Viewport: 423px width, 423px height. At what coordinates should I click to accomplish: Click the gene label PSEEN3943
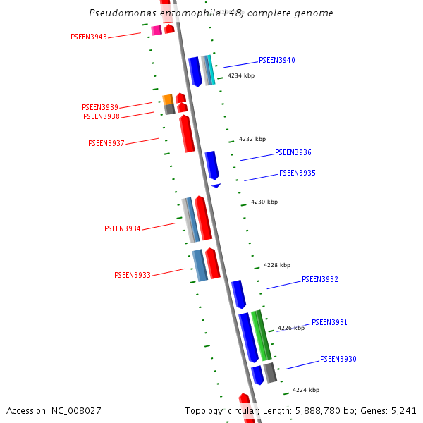[x=89, y=37]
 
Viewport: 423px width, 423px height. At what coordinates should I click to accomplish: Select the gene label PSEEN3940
[x=276, y=61]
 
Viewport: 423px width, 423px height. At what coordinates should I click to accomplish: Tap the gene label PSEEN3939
[x=100, y=108]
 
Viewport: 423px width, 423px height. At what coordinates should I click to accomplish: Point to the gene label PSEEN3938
[x=102, y=117]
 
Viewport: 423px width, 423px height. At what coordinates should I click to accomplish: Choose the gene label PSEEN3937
[x=106, y=144]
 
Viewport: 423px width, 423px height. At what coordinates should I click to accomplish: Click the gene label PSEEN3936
[x=293, y=153]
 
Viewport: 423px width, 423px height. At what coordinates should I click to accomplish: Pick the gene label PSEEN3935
[x=297, y=173]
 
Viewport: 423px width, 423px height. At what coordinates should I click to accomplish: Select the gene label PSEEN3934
[x=123, y=229]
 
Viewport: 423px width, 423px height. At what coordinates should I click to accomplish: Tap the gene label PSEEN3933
[x=133, y=276]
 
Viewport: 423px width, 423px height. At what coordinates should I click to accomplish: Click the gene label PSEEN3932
[x=319, y=280]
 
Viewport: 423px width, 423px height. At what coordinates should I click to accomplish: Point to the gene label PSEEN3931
[x=329, y=323]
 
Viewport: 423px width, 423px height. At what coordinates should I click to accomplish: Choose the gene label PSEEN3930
[x=338, y=360]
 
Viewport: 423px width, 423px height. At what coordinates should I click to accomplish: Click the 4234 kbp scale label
[x=241, y=76]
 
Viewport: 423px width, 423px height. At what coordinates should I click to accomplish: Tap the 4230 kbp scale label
[x=264, y=202]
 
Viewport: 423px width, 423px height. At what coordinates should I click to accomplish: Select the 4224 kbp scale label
[x=306, y=390]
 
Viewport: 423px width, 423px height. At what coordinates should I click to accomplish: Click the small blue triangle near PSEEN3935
[x=216, y=185]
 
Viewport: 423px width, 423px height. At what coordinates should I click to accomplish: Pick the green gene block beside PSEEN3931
[x=261, y=336]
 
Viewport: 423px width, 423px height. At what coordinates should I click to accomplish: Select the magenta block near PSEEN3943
[x=157, y=30]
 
